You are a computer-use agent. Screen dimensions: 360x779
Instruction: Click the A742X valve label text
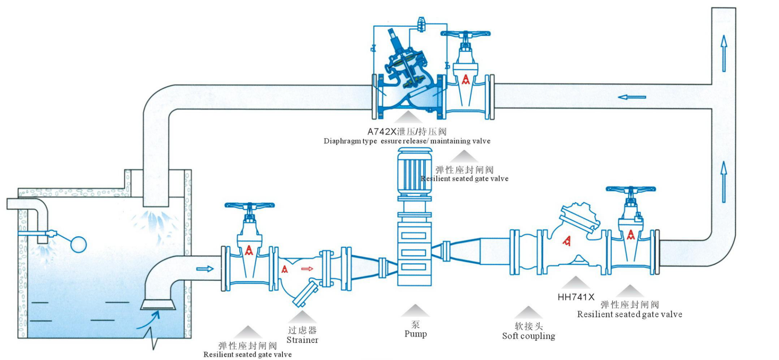[x=407, y=132]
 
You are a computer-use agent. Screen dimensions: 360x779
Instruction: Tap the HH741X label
[x=575, y=297]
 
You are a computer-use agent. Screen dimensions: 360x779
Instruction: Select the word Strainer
[x=302, y=340]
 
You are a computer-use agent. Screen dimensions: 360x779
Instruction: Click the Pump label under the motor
[x=415, y=334]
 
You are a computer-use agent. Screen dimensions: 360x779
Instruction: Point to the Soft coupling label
[x=528, y=336]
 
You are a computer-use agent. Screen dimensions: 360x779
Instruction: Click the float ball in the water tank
[x=78, y=244]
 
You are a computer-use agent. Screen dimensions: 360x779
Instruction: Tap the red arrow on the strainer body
[x=307, y=269]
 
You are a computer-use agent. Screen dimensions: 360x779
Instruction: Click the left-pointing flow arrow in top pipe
[x=632, y=97]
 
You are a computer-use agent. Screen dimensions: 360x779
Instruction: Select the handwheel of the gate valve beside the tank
[x=249, y=205]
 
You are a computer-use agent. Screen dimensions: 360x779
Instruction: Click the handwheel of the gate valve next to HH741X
[x=630, y=189]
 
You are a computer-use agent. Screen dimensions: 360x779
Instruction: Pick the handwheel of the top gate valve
[x=465, y=33]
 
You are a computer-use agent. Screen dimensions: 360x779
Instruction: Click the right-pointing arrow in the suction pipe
[x=205, y=269]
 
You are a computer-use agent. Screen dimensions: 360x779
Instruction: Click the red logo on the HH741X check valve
[x=566, y=241]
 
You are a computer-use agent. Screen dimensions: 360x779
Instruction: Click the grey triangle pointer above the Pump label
[x=415, y=310]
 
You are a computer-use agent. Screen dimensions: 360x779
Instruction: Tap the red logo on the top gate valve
[x=465, y=79]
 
